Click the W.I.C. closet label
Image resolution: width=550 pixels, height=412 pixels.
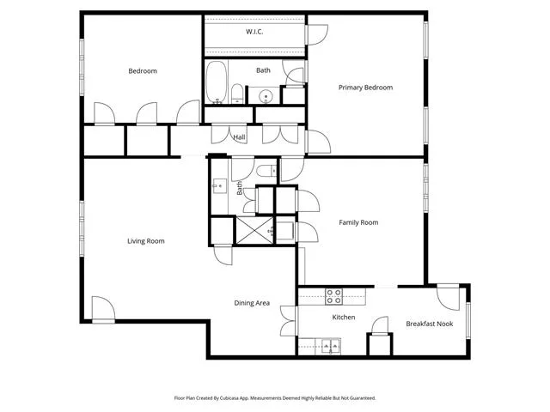coord(254,32)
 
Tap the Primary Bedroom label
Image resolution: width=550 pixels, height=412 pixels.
coord(365,88)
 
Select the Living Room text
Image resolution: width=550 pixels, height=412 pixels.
coord(145,241)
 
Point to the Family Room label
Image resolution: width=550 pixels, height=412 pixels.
coord(358,222)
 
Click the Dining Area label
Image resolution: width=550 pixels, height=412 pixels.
coord(252,303)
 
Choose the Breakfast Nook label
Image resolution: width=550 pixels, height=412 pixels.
coord(430,324)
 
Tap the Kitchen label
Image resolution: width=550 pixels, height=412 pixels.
coord(344,317)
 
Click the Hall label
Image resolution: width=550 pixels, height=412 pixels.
coord(239,137)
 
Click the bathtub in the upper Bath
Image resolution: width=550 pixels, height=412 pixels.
coord(216,82)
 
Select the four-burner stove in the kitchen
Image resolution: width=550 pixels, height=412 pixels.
coord(333,296)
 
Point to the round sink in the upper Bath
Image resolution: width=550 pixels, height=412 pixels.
coord(266,95)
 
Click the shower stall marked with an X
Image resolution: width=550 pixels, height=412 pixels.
coord(254,231)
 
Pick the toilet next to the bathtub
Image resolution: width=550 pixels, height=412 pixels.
coord(237,94)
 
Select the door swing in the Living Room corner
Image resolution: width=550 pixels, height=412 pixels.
coord(103,310)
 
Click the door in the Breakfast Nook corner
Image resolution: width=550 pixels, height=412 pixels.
coord(449,297)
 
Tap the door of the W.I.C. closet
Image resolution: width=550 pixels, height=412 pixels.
coord(317,34)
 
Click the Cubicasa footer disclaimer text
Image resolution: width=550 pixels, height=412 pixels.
coord(275,398)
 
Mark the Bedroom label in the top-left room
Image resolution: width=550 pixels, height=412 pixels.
coord(143,71)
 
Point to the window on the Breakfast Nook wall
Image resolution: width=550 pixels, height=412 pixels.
coord(467,320)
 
